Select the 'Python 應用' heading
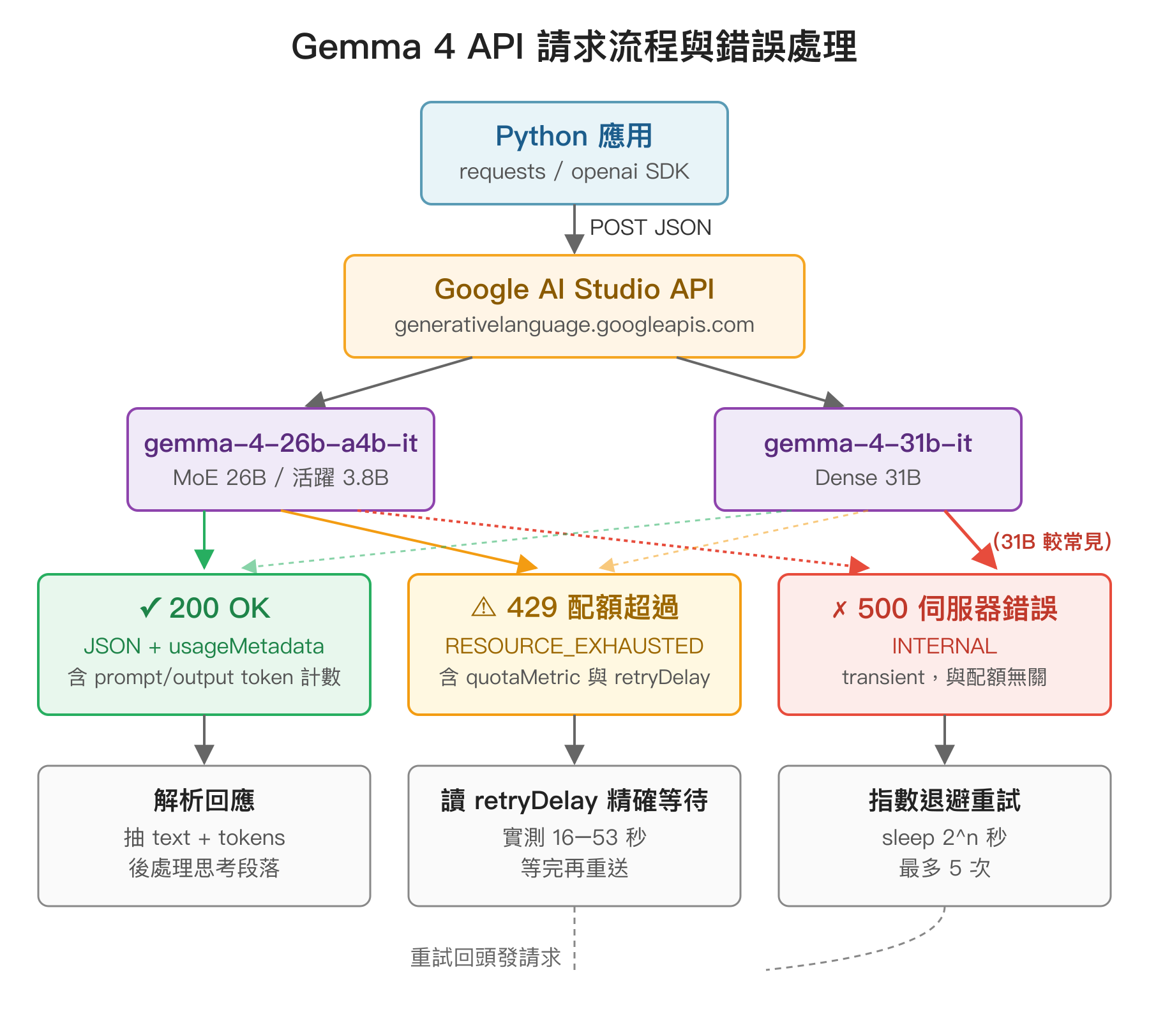[574, 137]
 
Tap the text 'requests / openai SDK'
[574, 172]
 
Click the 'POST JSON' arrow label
[650, 228]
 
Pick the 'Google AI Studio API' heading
[574, 289]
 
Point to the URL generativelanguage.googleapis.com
[574, 325]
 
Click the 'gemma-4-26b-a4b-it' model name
[280, 443]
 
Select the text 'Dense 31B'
[867, 478]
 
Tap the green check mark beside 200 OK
[149, 608]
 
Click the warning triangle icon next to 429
[483, 607]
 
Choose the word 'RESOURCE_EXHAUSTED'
[574, 646]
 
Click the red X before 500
[839, 610]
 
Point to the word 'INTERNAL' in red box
[944, 646]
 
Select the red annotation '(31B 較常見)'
[1052, 542]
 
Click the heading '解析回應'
[204, 800]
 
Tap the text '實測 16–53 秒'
[574, 837]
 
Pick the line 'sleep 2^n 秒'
[944, 837]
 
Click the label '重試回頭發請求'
[485, 957]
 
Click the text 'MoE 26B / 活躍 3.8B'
[280, 478]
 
